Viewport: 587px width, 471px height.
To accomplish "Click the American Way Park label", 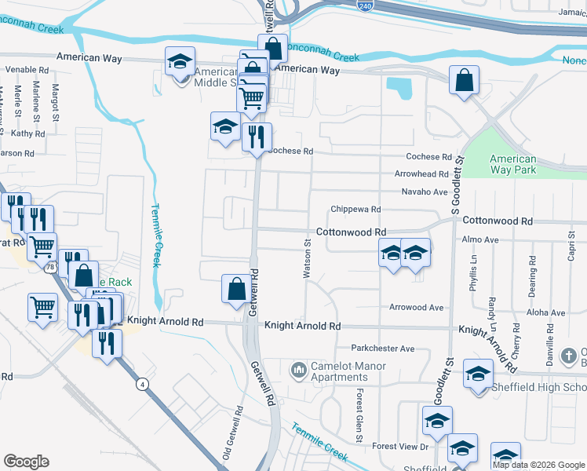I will tap(512, 164).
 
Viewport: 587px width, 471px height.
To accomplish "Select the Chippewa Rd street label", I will tap(355, 210).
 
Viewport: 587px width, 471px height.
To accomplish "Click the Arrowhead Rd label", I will tap(421, 174).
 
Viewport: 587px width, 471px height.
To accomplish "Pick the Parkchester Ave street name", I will tap(382, 349).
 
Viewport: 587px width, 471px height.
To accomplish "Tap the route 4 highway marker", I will tap(142, 383).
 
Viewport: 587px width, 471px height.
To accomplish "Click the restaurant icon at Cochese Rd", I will tap(257, 137).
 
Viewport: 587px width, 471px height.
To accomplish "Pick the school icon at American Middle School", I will tap(180, 60).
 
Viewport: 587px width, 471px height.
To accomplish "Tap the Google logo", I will tap(27, 462).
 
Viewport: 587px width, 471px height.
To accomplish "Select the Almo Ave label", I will tap(481, 239).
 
